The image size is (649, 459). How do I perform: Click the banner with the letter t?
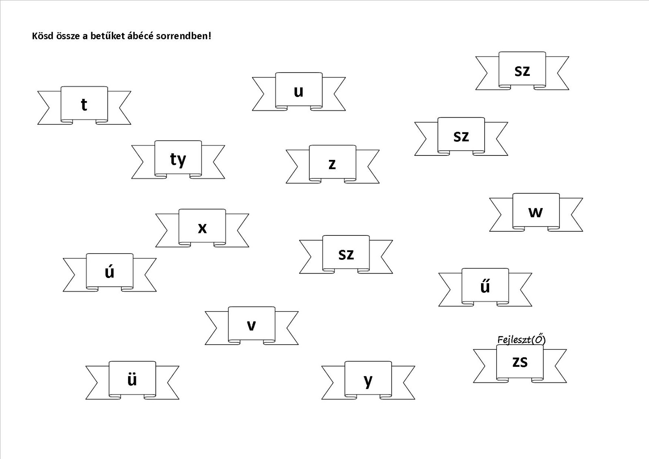coord(84,104)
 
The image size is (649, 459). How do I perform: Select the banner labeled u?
coord(299,91)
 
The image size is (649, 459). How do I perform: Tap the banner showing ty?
coord(178,159)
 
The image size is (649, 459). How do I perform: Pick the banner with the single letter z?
coord(332,164)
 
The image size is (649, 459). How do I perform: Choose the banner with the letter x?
coord(202,227)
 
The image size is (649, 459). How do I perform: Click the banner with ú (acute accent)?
coord(110,272)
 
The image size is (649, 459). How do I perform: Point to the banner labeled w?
coord(536,211)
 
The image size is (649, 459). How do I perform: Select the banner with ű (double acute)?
coord(485,286)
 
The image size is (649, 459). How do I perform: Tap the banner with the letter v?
coord(251,325)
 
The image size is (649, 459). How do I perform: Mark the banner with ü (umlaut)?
coord(132,379)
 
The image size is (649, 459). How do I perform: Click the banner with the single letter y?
coord(368,380)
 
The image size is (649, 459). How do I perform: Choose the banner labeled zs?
coord(520,361)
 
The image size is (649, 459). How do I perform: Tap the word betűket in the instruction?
coord(110,36)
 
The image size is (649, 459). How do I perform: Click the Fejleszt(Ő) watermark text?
coord(521,339)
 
